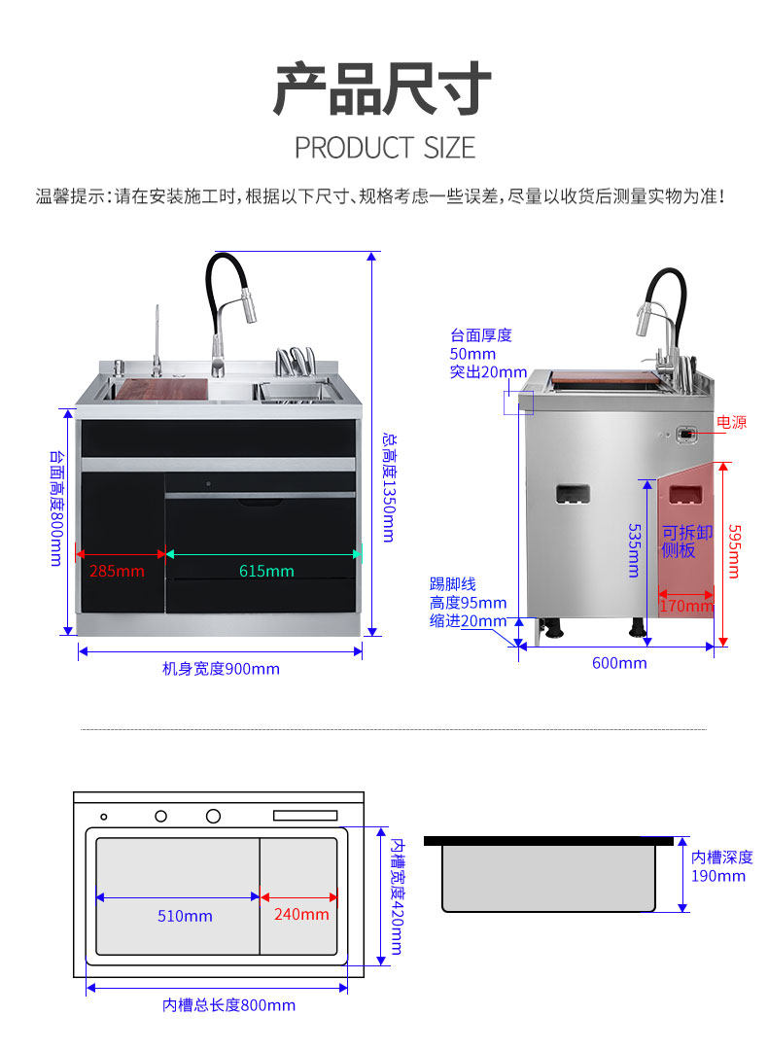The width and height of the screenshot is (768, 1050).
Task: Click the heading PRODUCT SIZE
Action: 385,148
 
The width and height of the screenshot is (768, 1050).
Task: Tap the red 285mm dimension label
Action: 117,571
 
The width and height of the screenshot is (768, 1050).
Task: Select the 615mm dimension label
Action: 266,571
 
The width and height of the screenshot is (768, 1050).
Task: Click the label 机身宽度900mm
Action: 221,669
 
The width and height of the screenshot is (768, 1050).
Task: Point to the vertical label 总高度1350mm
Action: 388,487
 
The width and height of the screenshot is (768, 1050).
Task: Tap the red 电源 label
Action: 731,422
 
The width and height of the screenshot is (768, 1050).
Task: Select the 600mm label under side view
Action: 619,663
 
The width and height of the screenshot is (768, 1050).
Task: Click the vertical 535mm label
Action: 633,550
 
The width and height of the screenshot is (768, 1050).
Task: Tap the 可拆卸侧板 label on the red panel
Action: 686,542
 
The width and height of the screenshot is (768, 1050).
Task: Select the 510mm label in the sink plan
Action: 185,916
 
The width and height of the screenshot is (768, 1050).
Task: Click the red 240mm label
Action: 301,914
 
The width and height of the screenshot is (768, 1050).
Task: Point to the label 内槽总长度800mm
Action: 228,1005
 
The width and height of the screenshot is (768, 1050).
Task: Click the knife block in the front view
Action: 296,364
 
